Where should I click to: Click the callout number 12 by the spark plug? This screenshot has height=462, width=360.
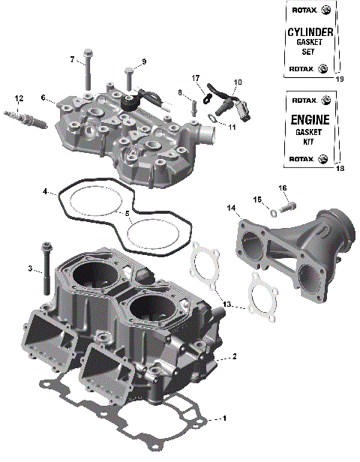[19, 98]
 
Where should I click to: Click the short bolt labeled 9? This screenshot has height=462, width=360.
[129, 77]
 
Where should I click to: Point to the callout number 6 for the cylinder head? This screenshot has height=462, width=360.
[44, 97]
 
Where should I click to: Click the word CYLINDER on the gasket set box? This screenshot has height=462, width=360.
[310, 33]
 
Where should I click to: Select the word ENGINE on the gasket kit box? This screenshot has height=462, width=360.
[310, 119]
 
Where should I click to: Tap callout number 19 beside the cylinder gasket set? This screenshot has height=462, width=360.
[340, 79]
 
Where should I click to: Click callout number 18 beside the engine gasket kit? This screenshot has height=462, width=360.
[340, 169]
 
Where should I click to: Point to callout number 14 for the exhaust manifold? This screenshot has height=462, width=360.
[231, 207]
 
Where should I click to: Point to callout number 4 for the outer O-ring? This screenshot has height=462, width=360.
[46, 192]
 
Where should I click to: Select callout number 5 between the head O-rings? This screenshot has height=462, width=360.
[127, 214]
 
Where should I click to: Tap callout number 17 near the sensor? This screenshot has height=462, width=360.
[195, 77]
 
